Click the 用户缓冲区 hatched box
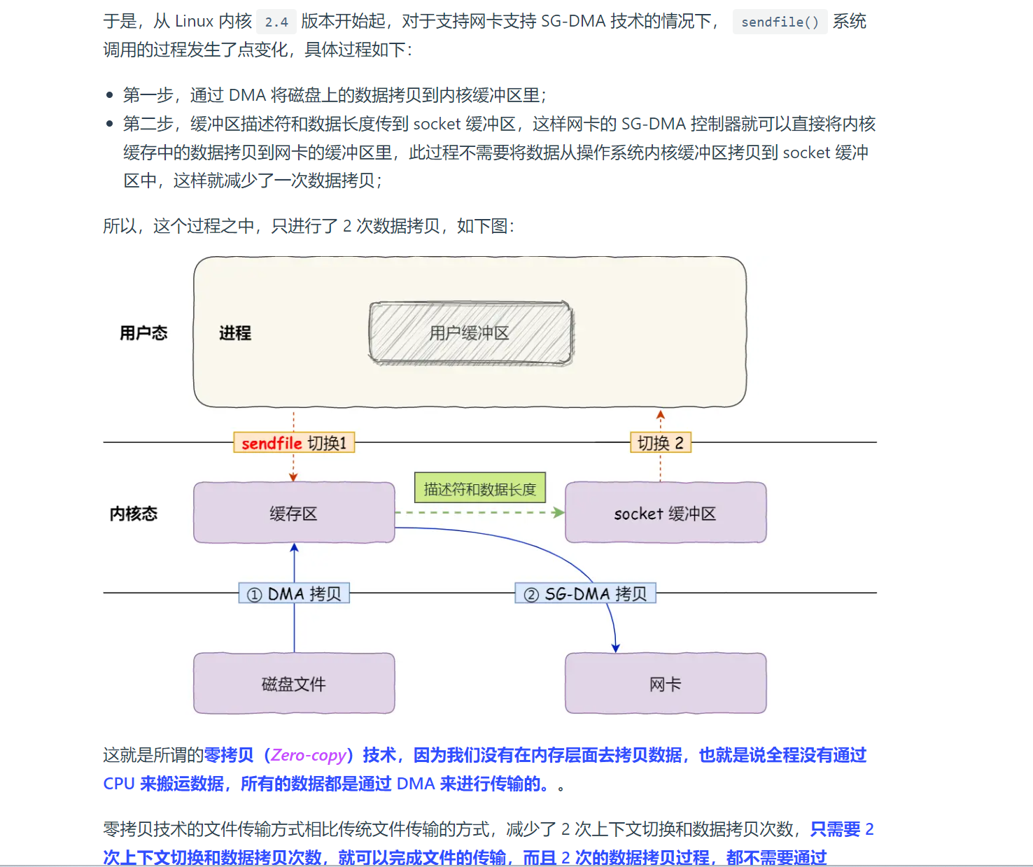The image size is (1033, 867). (x=470, y=333)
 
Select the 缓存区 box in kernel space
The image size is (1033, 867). (x=294, y=513)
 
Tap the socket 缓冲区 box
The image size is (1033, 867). (x=665, y=513)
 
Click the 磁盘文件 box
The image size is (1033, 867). (x=294, y=684)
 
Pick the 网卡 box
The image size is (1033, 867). (x=665, y=684)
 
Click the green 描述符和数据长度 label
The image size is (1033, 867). (x=479, y=488)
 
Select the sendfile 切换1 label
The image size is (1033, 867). (x=294, y=443)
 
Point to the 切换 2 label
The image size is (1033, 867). (x=660, y=443)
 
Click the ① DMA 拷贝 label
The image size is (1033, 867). (x=294, y=594)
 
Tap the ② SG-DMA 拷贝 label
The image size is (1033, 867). (x=586, y=594)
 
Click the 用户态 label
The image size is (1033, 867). (x=143, y=333)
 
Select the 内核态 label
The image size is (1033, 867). (x=134, y=514)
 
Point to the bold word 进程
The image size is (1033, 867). (x=235, y=333)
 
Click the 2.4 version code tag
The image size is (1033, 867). (x=276, y=22)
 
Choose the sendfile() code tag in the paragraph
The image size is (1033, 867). (x=780, y=22)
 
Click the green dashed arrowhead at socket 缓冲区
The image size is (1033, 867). (x=558, y=512)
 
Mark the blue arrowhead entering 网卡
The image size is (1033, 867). (x=616, y=648)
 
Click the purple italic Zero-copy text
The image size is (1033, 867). (x=309, y=755)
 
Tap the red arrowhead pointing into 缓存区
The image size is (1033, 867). (x=293, y=477)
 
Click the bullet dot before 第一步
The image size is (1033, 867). (x=109, y=95)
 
